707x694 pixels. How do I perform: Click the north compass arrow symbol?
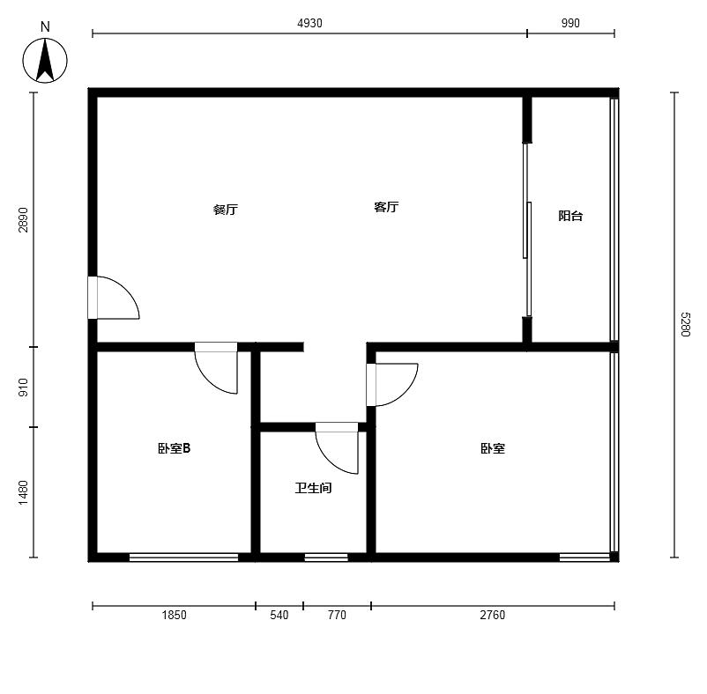point(45,61)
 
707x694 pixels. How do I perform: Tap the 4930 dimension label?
point(309,24)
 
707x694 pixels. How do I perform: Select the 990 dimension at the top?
point(570,24)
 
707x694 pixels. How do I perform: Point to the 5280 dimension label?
point(685,324)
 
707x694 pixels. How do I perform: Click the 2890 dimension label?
point(23,220)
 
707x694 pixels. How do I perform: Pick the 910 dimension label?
point(23,388)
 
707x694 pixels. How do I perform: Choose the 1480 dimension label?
point(23,492)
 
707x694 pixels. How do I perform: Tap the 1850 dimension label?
point(174,615)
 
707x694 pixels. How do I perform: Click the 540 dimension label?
point(279,615)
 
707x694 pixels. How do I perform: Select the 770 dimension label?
point(337,615)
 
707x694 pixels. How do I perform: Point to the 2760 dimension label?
point(493,615)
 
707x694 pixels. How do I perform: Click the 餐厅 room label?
point(226,210)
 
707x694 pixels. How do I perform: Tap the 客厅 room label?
point(386,207)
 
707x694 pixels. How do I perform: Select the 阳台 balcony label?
point(570,216)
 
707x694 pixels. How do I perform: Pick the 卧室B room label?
point(174,448)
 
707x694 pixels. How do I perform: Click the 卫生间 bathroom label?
point(313,488)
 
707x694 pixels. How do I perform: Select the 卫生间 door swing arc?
point(328,461)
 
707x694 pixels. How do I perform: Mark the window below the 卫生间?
point(326,557)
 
